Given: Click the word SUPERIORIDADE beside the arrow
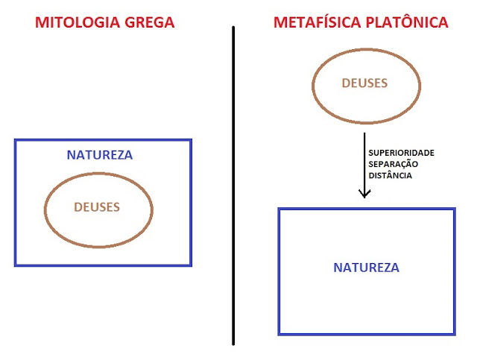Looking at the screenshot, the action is point(401,153).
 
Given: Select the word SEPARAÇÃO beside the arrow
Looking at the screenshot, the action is point(393,164).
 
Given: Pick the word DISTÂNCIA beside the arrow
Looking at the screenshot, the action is point(391,176).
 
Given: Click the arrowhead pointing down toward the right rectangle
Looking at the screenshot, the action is point(364,194).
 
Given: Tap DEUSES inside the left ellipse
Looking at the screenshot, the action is point(97,206).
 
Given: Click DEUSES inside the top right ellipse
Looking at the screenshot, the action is point(364,83).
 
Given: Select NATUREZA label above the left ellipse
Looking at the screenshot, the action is point(100,156).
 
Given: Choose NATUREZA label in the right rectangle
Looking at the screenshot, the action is point(366,267).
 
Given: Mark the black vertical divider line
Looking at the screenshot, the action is point(233,186).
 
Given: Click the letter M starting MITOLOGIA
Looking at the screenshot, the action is point(40,22).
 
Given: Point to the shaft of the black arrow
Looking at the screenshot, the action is point(364,160).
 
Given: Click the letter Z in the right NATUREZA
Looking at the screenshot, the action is point(383,267).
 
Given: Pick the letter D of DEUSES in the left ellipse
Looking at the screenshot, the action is point(78,206).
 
